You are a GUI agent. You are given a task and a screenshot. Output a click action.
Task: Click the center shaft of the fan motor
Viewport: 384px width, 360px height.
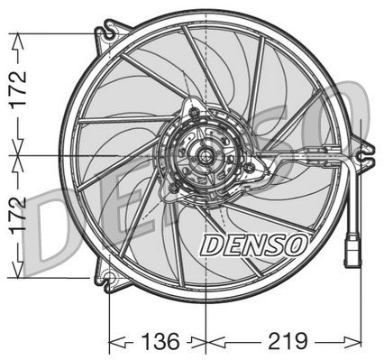206,157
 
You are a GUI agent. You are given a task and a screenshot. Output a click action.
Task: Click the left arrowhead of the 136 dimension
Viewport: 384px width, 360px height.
114,342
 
